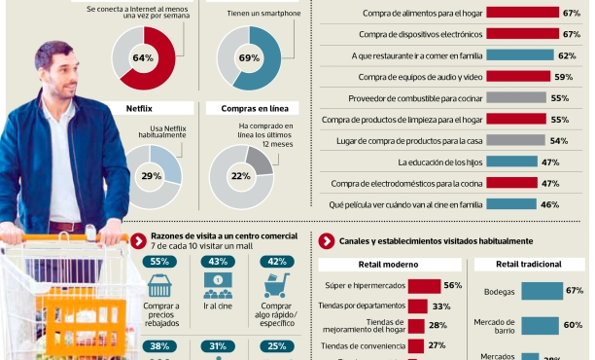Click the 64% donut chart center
point(144,58)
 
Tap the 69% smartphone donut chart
point(249,58)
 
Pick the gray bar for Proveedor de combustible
point(516,97)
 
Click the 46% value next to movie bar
point(549,204)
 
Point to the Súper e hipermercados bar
point(423,285)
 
